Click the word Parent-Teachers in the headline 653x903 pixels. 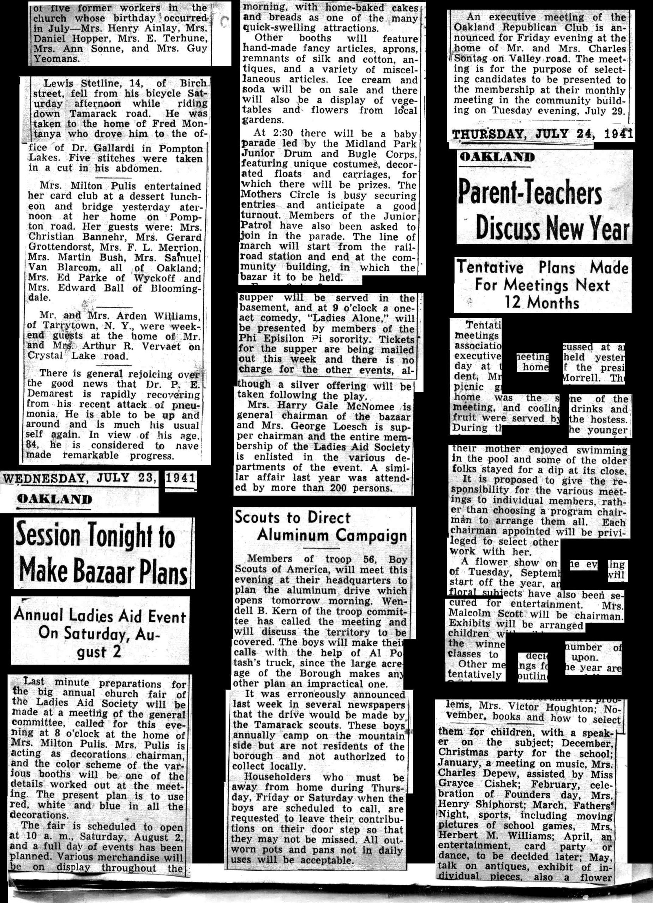[530, 193]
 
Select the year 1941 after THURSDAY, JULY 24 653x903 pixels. [618, 134]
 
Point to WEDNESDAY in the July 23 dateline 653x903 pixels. [44, 478]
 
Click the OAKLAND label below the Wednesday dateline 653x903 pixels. [55, 499]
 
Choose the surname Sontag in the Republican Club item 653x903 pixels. [471, 59]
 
